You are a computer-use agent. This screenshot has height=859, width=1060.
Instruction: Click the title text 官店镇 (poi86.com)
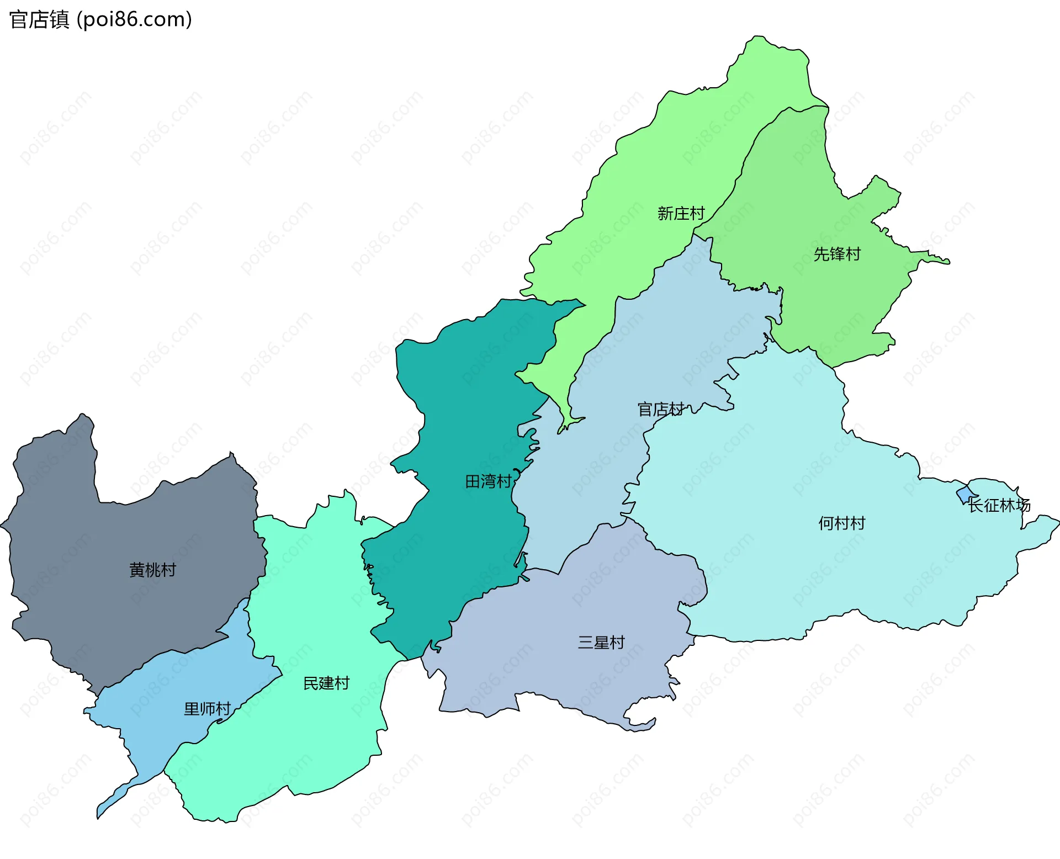click(100, 19)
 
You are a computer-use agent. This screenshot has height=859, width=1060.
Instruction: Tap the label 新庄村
click(681, 213)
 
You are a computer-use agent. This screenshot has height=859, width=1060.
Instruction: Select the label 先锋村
click(837, 254)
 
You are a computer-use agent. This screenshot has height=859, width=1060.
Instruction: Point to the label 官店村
click(660, 409)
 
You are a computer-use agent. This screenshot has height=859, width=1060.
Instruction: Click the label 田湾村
click(488, 481)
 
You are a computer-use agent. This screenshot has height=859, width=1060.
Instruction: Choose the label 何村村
click(841, 523)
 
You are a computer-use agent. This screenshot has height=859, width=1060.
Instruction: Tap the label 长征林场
click(999, 505)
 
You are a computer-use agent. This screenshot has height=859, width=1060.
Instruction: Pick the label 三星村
click(601, 642)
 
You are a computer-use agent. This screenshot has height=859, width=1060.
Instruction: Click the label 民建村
click(326, 683)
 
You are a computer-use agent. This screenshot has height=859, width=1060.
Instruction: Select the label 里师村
click(207, 708)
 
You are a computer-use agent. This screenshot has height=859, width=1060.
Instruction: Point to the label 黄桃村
click(152, 569)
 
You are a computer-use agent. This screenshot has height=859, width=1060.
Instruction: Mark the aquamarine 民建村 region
click(309, 607)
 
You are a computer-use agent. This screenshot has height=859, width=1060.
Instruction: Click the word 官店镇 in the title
click(39, 19)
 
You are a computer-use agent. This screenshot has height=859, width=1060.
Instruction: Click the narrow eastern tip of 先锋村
click(945, 261)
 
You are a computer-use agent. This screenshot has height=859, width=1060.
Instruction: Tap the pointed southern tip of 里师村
click(99, 814)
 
